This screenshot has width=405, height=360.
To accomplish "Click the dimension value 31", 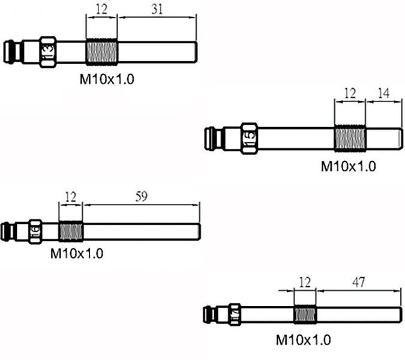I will tap(157, 10).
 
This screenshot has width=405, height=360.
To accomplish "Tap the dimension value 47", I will tap(359, 281).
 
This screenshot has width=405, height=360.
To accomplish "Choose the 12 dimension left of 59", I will tap(71, 196).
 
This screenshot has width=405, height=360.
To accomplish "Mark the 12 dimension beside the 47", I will tap(305, 281).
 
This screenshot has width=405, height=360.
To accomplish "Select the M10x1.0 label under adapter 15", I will tap(349, 166).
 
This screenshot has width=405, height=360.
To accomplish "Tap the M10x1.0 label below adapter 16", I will tap(76, 253).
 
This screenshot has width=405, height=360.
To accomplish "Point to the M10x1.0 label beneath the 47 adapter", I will tap(303, 340).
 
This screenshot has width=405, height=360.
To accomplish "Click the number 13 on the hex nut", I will tap(48, 52).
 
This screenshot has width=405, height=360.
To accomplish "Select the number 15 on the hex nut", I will tap(250, 138).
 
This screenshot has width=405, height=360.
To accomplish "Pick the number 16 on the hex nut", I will tap(35, 230).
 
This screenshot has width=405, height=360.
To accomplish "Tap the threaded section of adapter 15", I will tap(350, 138).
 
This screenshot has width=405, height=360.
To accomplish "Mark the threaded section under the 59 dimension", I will tap(71, 230).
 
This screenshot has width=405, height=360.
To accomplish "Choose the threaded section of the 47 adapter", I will tap(305, 314).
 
